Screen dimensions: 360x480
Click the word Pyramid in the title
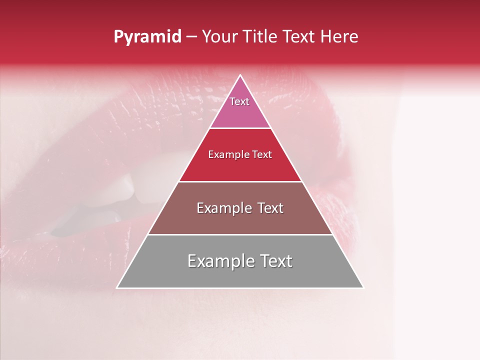tap(147, 37)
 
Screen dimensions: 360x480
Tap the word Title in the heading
tap(260, 37)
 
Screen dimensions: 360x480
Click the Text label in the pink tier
tap(239, 101)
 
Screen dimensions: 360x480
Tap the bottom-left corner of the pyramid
tap(118, 287)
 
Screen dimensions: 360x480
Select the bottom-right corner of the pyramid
tap(362, 287)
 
